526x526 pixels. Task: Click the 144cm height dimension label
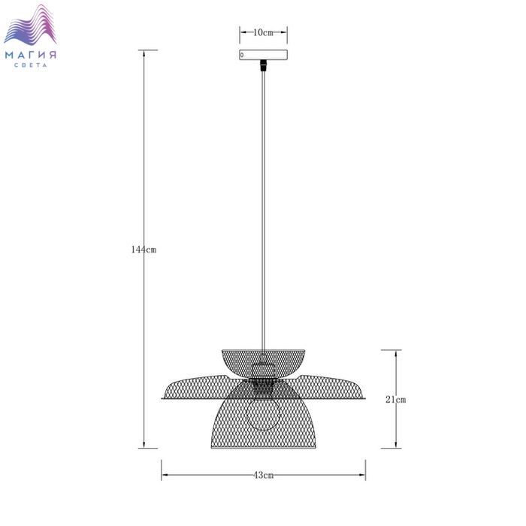click(144, 249)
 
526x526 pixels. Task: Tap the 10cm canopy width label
click(263, 32)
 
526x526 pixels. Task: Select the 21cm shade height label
click(395, 399)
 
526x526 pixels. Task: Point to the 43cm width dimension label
click(263, 475)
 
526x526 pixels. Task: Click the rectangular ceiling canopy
click(263, 55)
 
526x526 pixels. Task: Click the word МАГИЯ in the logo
click(31, 55)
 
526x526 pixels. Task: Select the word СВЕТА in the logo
click(31, 65)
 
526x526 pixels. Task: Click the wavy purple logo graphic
click(30, 25)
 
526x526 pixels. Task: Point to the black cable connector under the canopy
click(263, 65)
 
